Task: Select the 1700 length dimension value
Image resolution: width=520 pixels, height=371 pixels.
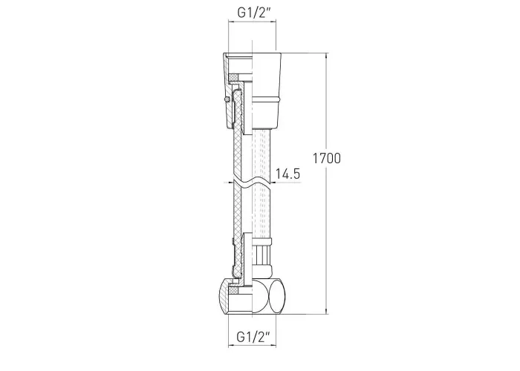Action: point(327,158)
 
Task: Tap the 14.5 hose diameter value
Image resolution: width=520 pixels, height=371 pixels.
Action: point(288,174)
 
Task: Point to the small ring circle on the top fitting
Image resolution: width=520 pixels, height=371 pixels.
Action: point(227,99)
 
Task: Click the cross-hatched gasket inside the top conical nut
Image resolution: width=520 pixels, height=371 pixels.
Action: point(234,77)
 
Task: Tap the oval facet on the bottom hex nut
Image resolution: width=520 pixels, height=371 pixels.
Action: point(276,296)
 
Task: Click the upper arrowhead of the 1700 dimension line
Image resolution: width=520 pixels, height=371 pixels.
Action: point(327,56)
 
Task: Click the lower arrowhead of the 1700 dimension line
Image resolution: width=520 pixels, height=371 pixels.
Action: point(327,311)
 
